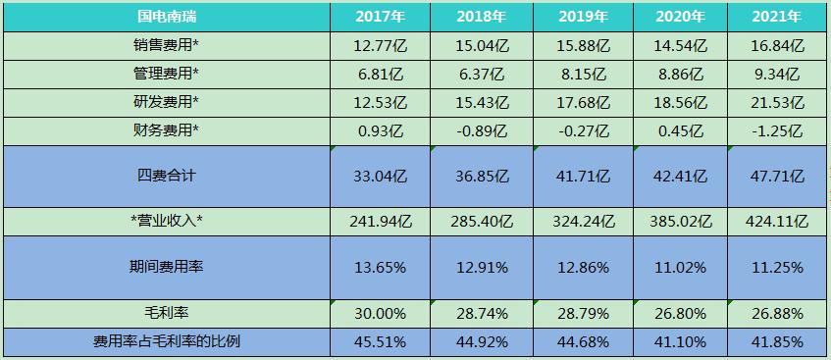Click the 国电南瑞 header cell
[166, 17]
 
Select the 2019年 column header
[583, 17]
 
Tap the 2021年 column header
[777, 17]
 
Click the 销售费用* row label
[166, 45]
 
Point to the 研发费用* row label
[166, 102]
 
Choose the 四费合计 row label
[166, 177]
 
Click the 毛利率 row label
[166, 312]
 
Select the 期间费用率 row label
[166, 267]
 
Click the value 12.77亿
[378, 45]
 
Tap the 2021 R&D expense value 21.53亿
[777, 102]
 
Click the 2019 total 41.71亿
[583, 177]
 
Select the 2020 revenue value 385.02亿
[679, 221]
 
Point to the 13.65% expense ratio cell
[378, 267]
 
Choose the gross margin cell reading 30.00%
[378, 312]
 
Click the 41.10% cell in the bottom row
[679, 341]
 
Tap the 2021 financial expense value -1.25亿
[777, 130]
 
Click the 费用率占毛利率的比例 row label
[166, 341]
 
